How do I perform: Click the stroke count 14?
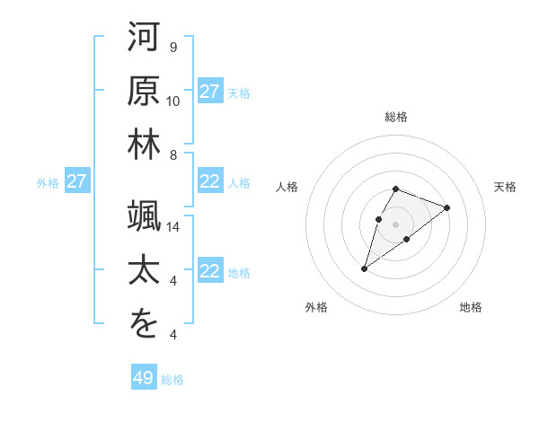point(174,227)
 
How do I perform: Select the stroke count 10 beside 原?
point(174,101)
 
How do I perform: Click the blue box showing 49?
point(144,378)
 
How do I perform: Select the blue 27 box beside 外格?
point(77,182)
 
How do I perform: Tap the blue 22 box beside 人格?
point(210,182)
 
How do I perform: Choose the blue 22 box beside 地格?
point(210,272)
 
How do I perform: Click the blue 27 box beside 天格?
point(210,92)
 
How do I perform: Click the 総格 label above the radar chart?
point(396,118)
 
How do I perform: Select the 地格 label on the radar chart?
point(471,308)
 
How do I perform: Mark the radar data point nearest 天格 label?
point(446,207)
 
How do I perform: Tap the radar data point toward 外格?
point(365,268)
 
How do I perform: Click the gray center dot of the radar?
point(396,224)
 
